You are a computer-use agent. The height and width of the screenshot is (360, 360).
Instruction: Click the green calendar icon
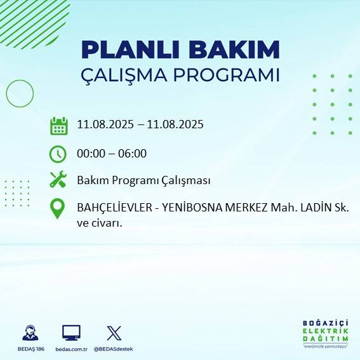click(x=58, y=126)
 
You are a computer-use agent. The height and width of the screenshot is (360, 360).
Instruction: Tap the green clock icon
click(x=58, y=154)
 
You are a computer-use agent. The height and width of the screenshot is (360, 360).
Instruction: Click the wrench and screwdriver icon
click(x=58, y=180)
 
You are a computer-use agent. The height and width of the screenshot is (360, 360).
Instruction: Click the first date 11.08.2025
click(x=105, y=125)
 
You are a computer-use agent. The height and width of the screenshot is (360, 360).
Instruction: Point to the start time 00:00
click(x=90, y=154)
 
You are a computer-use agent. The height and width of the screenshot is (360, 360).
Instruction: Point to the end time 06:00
click(x=133, y=154)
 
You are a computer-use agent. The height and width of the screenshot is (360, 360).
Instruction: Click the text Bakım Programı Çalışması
click(x=143, y=181)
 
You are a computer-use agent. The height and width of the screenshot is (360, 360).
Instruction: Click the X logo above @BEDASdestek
click(x=114, y=333)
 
